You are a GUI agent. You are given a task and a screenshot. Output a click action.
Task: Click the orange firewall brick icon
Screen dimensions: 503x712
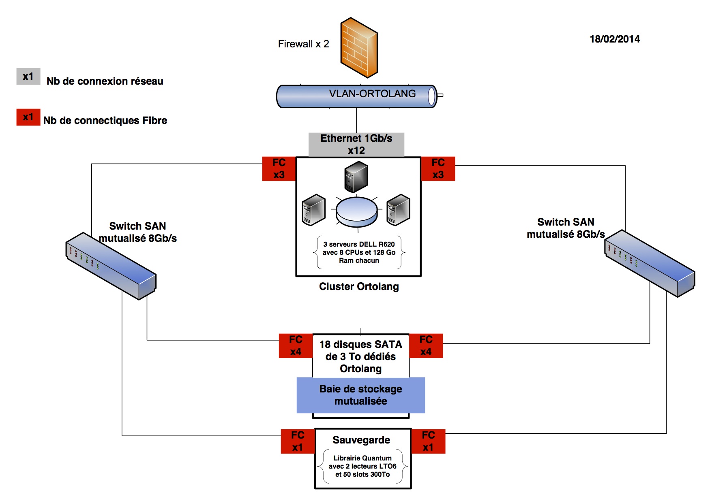359,47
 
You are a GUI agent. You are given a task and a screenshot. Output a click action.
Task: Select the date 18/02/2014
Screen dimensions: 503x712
614,39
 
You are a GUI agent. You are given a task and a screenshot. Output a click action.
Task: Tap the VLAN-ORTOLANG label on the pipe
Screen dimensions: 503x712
372,94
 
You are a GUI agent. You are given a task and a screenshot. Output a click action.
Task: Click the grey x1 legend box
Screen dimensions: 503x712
28,77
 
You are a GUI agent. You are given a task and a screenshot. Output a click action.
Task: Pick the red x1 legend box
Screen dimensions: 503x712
28,117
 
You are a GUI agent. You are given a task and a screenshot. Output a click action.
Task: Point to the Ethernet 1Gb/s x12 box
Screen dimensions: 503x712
356,145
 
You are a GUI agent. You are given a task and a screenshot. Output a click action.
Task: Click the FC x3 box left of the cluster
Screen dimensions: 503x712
279,169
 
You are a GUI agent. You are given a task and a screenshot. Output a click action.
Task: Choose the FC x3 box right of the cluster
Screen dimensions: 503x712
438,169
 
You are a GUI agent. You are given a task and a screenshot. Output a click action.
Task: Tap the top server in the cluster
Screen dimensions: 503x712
356,177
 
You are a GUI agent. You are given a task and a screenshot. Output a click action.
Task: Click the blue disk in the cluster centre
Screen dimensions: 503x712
357,211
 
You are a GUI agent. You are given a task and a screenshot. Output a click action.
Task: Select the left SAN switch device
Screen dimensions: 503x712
111,266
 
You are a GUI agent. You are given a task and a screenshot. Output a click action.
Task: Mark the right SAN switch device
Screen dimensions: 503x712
650,263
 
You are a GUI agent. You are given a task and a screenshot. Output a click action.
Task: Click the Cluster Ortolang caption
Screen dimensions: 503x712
359,287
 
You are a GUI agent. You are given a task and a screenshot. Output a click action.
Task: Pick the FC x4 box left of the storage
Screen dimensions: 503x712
296,346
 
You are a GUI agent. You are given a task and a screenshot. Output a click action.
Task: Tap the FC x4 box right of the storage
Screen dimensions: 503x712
426,346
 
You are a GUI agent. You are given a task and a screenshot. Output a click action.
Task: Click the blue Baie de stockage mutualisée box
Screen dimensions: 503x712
360,395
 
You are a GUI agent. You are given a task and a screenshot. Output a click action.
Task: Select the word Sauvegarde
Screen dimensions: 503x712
361,440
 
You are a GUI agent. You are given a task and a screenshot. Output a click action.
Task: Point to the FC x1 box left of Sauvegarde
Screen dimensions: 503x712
298,441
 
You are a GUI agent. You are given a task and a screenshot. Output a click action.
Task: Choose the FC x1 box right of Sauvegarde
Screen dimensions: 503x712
428,441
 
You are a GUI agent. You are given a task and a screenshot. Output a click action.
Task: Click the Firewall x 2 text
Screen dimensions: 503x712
303,44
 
